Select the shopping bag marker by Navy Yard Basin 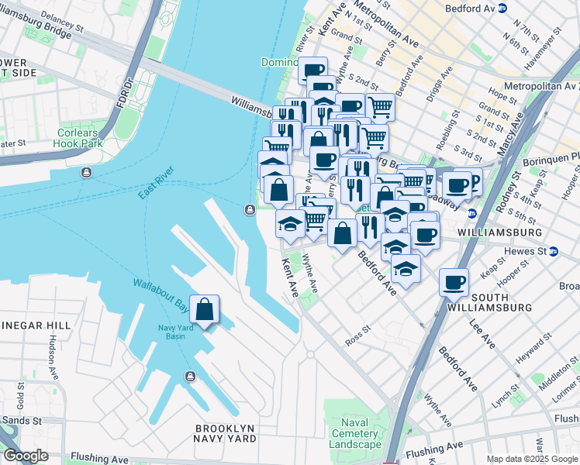(204, 310)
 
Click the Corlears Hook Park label (80, 138)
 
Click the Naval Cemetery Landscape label (355, 433)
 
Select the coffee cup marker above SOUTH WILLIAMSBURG (454, 283)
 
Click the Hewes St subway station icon (554, 251)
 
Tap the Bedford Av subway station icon (502, 9)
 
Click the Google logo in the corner (25, 456)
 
